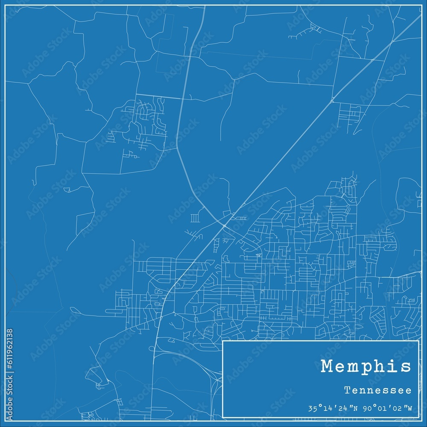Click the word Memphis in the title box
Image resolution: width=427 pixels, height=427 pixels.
tap(366, 367)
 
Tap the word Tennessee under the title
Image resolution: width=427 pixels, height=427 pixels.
tap(378, 390)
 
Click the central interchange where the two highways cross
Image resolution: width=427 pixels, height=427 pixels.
tap(225, 225)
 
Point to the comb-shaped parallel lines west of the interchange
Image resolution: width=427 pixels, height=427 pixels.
tap(194, 218)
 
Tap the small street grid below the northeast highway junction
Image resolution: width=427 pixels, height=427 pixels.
tap(351, 114)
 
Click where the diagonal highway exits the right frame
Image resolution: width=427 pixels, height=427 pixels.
tap(421, 17)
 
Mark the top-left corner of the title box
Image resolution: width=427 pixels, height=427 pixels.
tap(223, 341)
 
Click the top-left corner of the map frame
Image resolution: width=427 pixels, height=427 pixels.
tap(6, 6)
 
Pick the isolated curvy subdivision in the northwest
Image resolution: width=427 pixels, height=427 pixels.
tap(147, 122)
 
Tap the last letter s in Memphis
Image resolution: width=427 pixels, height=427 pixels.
tap(406, 367)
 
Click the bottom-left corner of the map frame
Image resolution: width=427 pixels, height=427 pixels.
tap(6, 421)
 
